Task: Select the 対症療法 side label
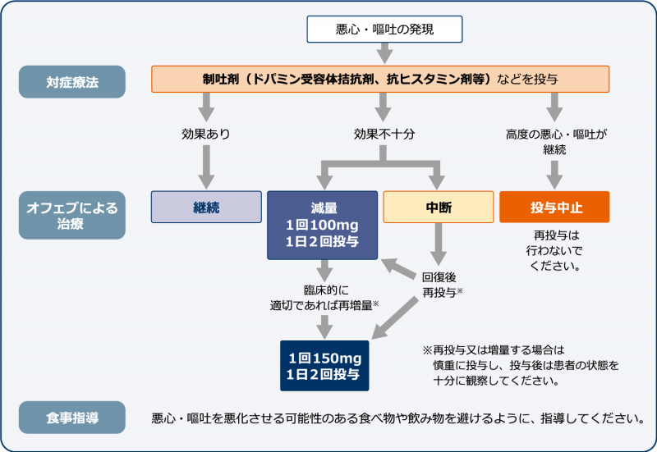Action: point(72,81)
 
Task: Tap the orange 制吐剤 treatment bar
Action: point(380,80)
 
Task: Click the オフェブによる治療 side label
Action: point(72,215)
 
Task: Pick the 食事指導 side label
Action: point(72,418)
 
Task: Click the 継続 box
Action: point(206,207)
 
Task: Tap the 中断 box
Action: point(438,207)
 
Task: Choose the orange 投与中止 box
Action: point(554,207)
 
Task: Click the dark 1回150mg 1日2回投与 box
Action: point(324,365)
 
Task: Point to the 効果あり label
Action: point(206,133)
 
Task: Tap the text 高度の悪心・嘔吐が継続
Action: point(554,140)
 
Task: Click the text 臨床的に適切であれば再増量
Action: point(323,298)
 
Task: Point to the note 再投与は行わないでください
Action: point(556,250)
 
